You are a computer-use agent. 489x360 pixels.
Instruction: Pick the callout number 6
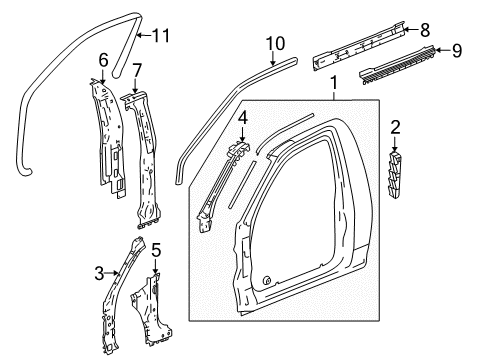(102, 61)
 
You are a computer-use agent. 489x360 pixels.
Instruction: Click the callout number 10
(276, 44)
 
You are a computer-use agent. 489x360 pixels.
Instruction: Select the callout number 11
(161, 37)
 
